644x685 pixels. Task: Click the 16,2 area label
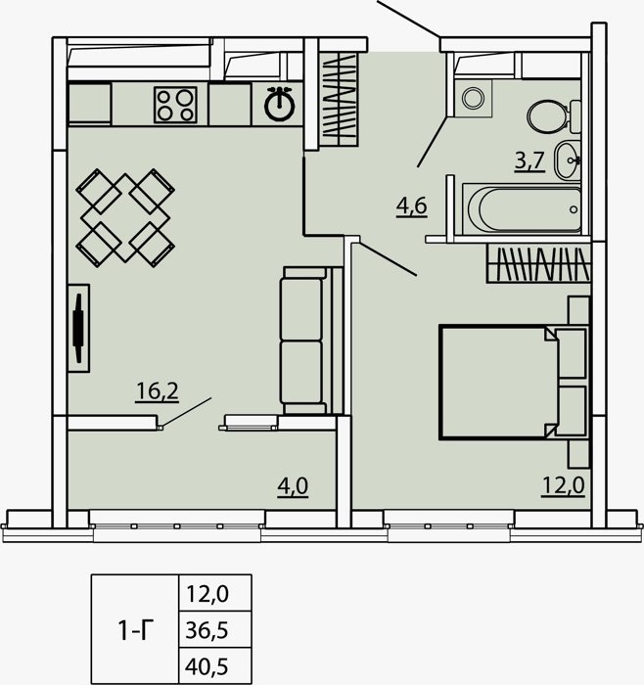pos(157,391)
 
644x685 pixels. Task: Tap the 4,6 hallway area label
pos(412,206)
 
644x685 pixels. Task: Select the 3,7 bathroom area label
pos(529,160)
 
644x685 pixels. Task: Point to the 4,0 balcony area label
pos(293,486)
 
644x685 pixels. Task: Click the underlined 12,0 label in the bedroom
pos(563,485)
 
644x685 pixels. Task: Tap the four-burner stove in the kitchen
pos(175,105)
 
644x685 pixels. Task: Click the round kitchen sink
pos(280,104)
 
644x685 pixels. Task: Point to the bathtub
pos(522,209)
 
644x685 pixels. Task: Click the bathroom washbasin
pos(568,160)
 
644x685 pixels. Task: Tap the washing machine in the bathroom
pos(473,98)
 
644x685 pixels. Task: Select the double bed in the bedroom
pos(514,382)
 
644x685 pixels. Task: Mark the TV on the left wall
pos(78,328)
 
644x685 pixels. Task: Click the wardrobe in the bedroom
pos(538,263)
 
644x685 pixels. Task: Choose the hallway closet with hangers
pos(339,100)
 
